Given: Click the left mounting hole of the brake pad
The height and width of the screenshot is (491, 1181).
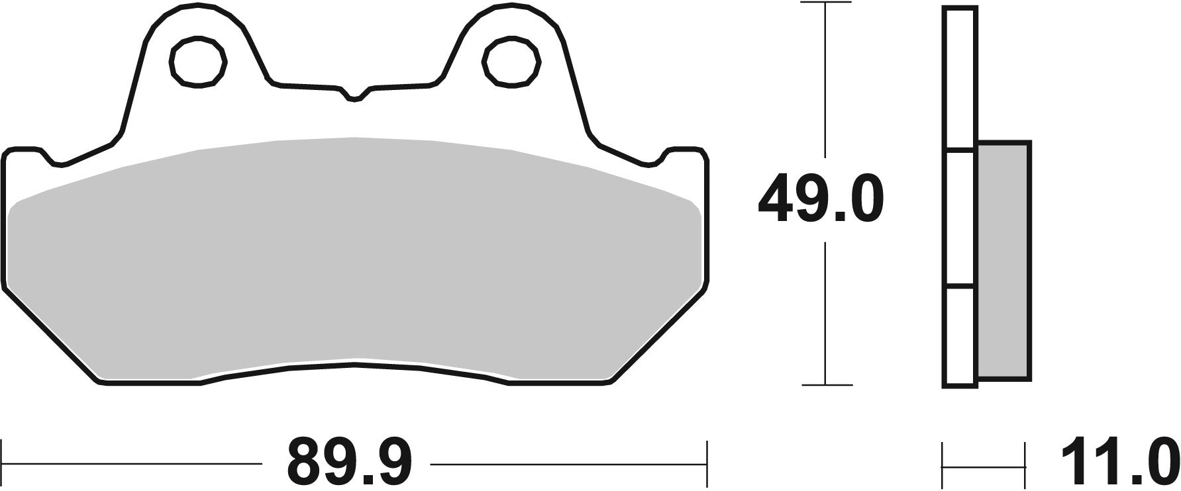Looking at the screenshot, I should coord(198,62).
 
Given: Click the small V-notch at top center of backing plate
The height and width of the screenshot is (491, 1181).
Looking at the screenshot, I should coord(355,96).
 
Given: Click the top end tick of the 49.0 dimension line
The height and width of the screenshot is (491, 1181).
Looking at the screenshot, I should coord(825,3).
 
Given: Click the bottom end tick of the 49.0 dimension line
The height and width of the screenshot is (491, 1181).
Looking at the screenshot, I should coord(825,384).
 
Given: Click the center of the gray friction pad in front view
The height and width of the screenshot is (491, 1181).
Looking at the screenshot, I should coord(355,258).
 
